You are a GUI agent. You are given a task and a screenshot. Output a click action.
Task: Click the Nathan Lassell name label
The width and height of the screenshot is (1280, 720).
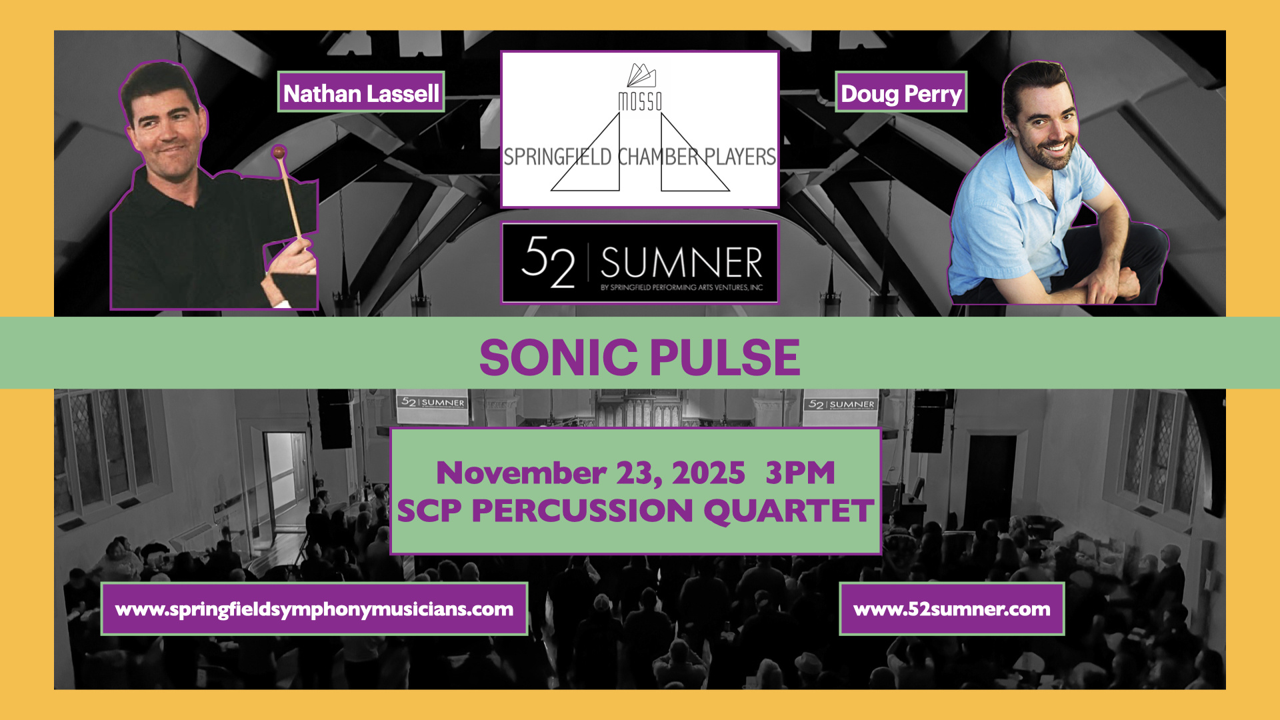(x=361, y=92)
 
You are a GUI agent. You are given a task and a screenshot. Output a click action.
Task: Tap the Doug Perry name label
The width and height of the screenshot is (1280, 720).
(x=901, y=92)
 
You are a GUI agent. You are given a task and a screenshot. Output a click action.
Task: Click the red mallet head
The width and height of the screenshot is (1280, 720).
(x=279, y=153)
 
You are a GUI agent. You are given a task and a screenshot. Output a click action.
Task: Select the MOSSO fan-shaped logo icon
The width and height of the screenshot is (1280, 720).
(x=641, y=75)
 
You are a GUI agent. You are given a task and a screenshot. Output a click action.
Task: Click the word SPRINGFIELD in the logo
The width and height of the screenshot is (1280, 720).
(x=557, y=157)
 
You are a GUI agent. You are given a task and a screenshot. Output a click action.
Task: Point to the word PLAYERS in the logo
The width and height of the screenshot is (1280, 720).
(x=740, y=157)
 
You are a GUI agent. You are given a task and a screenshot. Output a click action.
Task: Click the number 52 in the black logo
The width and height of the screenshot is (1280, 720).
(x=547, y=262)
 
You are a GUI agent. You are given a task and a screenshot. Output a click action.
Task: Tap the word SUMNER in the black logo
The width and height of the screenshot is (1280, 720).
(x=681, y=262)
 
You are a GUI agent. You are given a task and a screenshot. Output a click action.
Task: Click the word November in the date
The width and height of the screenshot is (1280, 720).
(x=521, y=473)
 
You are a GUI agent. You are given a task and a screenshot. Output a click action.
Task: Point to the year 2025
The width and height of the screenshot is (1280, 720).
(x=709, y=473)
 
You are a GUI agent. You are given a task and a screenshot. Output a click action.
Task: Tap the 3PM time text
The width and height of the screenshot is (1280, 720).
(x=800, y=473)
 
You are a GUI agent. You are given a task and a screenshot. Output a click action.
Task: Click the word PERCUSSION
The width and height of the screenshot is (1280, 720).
(x=583, y=511)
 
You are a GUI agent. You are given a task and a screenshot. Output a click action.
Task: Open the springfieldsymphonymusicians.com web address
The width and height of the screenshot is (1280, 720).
(x=314, y=609)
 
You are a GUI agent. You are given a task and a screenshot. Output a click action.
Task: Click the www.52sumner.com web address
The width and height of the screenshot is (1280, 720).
(x=951, y=609)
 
